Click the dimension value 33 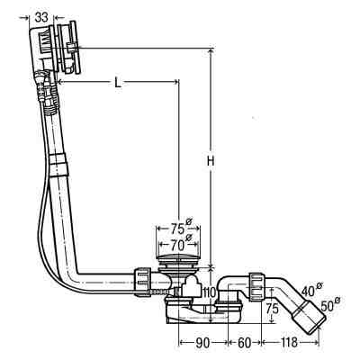pyautogui.click(x=41, y=17)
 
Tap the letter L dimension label pyautogui.click(x=118, y=82)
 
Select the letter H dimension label pyautogui.click(x=211, y=161)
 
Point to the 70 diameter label pyautogui.click(x=179, y=245)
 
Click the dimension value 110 pyautogui.click(x=210, y=292)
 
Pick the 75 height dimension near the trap pyautogui.click(x=273, y=308)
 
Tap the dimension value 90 pyautogui.click(x=202, y=343)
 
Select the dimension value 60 pyautogui.click(x=244, y=343)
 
